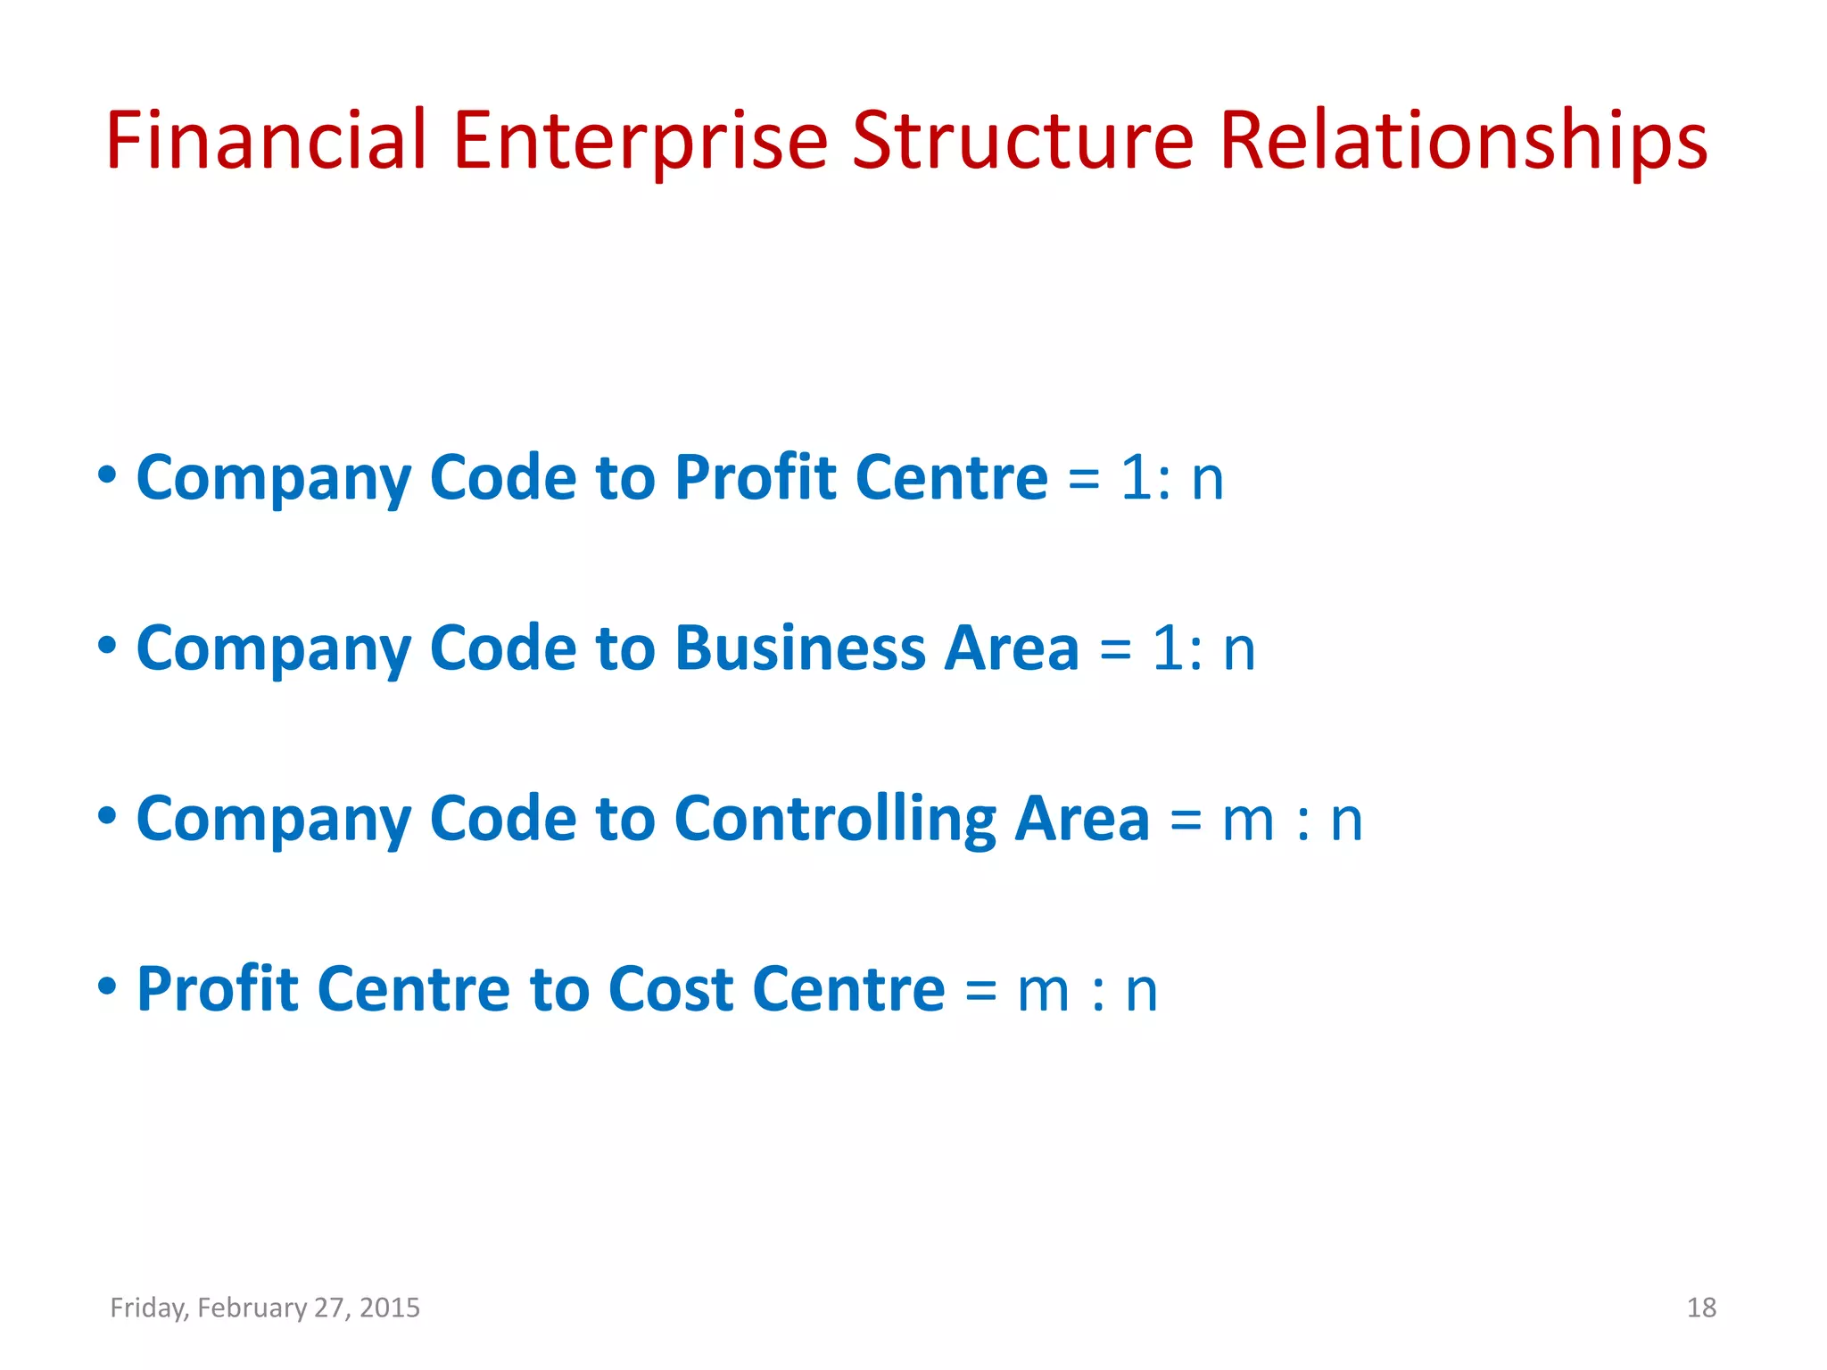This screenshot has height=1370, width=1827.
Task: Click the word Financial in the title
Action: tap(266, 140)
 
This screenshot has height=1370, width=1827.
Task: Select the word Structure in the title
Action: tap(1022, 140)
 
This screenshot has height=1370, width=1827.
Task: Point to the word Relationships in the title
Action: tap(1463, 140)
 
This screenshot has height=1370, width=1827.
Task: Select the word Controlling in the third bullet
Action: tap(835, 819)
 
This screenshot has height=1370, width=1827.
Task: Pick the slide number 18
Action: tap(1701, 1308)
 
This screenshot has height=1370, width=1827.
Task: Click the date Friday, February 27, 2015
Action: tap(265, 1308)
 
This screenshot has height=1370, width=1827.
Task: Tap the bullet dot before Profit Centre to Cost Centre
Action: tap(107, 986)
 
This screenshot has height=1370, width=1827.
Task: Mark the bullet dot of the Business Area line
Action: tap(107, 644)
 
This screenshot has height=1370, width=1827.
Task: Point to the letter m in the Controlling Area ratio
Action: tap(1248, 821)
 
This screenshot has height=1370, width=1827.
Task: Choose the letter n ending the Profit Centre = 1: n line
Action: tap(1207, 479)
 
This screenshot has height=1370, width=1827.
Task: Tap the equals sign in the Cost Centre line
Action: tap(980, 991)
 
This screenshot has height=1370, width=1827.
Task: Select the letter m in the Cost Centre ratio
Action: tap(1043, 991)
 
